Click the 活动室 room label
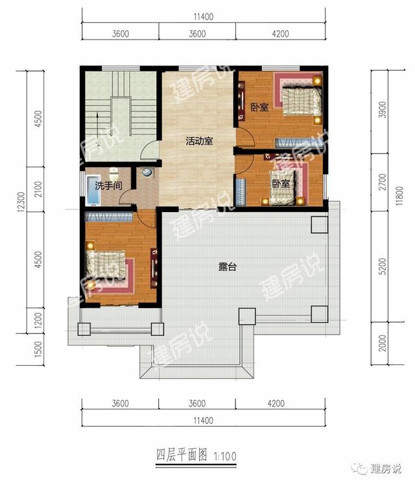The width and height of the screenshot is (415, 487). (x=199, y=141)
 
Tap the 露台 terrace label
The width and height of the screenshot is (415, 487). (x=228, y=267)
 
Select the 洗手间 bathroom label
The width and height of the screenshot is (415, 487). (x=108, y=185)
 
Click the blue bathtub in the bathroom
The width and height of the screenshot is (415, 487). (x=93, y=191)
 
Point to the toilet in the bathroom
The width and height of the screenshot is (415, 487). (x=114, y=174)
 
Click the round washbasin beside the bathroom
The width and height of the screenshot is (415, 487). (x=148, y=172)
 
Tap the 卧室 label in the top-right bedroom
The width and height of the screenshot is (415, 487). (x=259, y=108)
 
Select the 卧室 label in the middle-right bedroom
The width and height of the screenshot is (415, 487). (x=281, y=184)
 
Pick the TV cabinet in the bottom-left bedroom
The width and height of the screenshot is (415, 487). (x=154, y=268)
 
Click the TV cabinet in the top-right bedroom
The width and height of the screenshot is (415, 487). (x=241, y=101)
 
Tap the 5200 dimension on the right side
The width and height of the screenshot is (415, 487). (x=383, y=266)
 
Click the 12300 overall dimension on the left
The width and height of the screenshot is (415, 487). (x=21, y=202)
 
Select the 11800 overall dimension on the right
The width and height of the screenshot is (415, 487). (x=399, y=196)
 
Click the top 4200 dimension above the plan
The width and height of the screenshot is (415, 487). (x=280, y=34)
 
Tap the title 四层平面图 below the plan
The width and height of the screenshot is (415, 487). (x=182, y=456)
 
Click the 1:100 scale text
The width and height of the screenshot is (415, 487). (x=225, y=457)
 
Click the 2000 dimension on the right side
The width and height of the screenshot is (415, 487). (x=383, y=343)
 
